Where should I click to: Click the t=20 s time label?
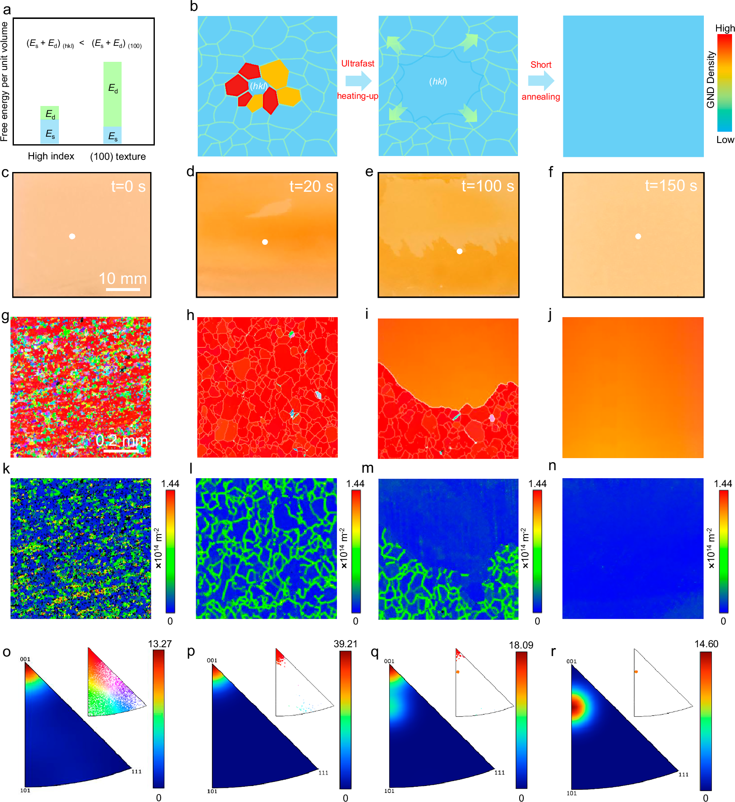311,186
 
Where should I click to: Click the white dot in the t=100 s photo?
459,251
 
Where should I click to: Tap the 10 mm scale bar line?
123,289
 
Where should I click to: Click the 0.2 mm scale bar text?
121,440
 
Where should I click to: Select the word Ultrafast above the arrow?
358,64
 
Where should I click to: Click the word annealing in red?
541,97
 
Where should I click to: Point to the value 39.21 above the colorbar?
345,644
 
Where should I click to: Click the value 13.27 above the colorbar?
160,644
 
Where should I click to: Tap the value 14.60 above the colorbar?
706,644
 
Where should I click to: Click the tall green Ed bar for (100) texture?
112,94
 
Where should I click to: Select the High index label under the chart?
51,156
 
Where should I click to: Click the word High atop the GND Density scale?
725,28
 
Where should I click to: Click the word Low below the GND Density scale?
725,140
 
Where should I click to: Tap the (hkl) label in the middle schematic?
438,82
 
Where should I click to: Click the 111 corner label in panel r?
684,774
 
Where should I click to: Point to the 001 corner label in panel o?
25,659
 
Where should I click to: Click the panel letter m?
367,468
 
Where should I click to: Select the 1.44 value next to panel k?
170,484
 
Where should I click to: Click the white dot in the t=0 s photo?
72,236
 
